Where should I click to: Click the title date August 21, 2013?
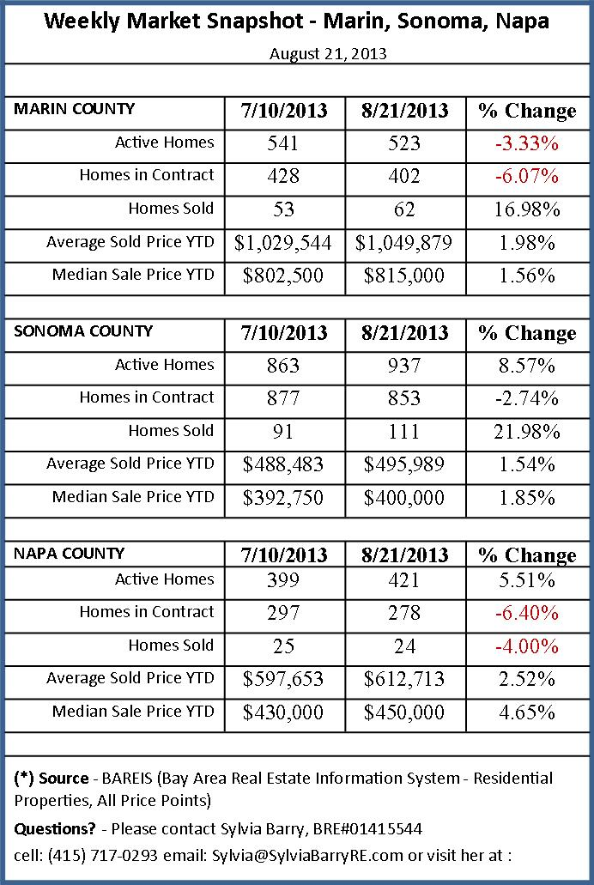coord(328,53)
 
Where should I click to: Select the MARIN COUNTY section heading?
coord(75,109)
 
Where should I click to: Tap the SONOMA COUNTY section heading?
coord(83,331)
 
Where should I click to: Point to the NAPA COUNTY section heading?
coord(70,554)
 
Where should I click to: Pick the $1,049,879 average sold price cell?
coord(403,243)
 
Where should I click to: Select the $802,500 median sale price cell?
coord(282,276)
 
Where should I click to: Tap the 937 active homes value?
coord(403,366)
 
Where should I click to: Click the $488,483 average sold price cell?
coord(282,464)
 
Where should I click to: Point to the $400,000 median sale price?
coord(403,498)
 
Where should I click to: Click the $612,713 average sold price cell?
coord(403,679)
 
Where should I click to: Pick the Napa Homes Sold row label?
coord(171,646)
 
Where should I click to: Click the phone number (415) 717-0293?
coord(88,855)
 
